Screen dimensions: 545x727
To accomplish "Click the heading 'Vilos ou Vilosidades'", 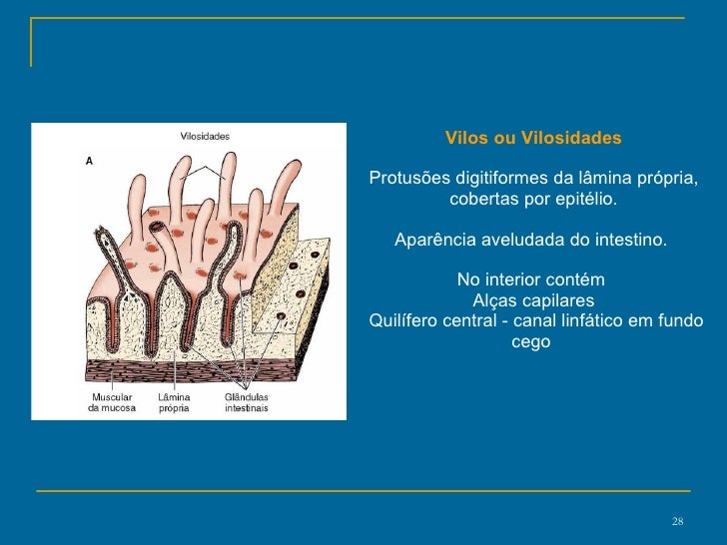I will point(532,137).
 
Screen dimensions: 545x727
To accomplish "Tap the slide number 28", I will point(677,524).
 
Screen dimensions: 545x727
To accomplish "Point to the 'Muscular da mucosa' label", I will point(112,401).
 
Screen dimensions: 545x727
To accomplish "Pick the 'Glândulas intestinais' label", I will point(246,401).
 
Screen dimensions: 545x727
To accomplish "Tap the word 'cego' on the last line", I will point(530,342).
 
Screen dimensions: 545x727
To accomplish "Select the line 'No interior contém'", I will point(530,280).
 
